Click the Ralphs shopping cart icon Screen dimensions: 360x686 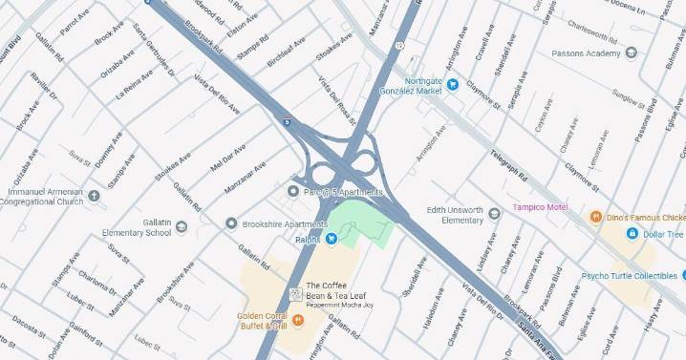pyautogui.click(x=332, y=239)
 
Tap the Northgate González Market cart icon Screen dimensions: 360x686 pyautogui.click(x=454, y=85)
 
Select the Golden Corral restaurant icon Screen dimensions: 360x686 pyautogui.click(x=298, y=320)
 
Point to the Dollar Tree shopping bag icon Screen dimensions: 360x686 pyautogui.click(x=632, y=234)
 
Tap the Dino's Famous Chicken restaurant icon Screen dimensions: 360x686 pyautogui.click(x=596, y=217)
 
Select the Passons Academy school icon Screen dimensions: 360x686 pyautogui.click(x=631, y=53)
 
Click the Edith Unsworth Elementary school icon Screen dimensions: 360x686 pyautogui.click(x=493, y=214)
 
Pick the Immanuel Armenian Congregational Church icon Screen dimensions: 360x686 pyautogui.click(x=94, y=196)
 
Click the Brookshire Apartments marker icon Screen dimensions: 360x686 pyautogui.click(x=230, y=223)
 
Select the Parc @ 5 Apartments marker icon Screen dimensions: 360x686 pyautogui.click(x=293, y=192)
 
